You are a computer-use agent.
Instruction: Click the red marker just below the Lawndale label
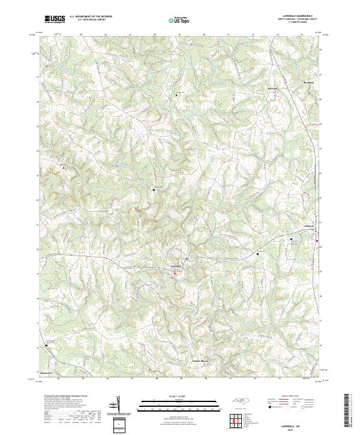175,274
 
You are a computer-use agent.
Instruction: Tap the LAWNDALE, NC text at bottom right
289,424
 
